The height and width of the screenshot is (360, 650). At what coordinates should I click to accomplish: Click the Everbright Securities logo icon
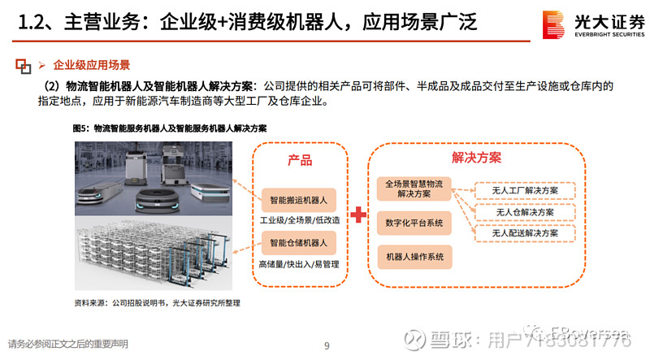click(x=552, y=24)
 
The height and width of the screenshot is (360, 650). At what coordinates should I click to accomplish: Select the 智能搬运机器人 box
click(x=298, y=199)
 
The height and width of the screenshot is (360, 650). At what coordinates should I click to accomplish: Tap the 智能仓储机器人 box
click(x=298, y=243)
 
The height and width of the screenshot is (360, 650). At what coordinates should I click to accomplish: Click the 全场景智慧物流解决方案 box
click(x=414, y=189)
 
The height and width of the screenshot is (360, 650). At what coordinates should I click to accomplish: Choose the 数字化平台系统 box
click(x=414, y=223)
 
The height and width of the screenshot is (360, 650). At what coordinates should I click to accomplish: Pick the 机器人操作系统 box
click(x=414, y=257)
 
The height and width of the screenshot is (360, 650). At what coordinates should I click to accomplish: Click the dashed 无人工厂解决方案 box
click(x=525, y=190)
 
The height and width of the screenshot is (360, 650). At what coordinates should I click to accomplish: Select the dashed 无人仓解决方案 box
click(x=525, y=212)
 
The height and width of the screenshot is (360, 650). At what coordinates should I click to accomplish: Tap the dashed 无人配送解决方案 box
click(x=525, y=233)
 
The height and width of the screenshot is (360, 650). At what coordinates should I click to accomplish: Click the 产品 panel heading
click(x=299, y=160)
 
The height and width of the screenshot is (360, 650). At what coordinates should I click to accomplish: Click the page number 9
click(x=326, y=346)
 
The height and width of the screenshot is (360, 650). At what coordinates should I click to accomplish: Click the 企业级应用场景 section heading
click(x=91, y=64)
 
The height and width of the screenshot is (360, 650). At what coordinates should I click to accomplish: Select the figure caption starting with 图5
click(x=170, y=128)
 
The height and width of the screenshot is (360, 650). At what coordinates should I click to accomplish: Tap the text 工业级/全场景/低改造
click(x=298, y=220)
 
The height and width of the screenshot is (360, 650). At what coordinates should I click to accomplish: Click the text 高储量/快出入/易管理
click(x=298, y=264)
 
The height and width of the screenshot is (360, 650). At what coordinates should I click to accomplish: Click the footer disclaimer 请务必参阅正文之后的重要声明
click(x=68, y=344)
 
